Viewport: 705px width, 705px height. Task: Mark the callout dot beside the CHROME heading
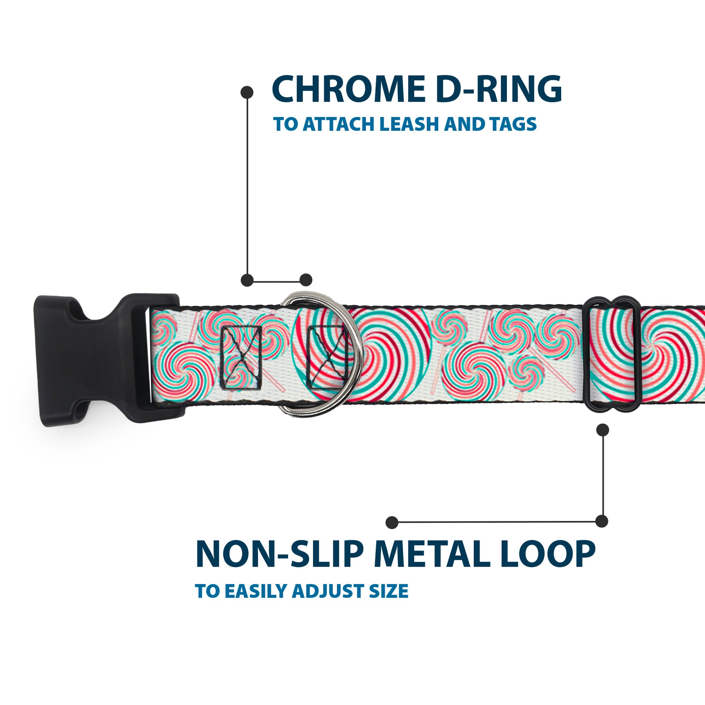(x=247, y=92)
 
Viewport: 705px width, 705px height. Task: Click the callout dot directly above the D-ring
(x=306, y=280)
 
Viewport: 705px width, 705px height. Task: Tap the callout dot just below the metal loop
(x=602, y=430)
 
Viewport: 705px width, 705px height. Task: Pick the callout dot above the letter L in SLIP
(x=392, y=522)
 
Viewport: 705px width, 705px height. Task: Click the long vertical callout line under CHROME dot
(x=247, y=186)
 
